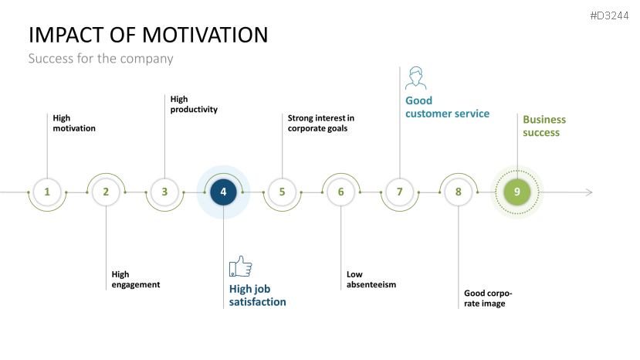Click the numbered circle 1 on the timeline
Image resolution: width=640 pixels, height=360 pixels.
click(47, 192)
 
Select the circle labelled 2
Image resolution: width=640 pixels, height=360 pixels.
click(106, 192)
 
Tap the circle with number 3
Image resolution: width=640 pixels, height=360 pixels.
click(164, 192)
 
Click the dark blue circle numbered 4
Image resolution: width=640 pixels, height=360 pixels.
click(223, 192)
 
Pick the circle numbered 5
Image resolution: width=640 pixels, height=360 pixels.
click(282, 192)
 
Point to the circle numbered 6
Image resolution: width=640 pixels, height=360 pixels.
click(340, 192)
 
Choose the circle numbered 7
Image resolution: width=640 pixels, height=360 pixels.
click(399, 192)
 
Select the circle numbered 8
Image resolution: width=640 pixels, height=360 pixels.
click(458, 192)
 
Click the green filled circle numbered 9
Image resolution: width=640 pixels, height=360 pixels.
click(517, 192)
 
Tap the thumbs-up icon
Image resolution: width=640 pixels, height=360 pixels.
click(240, 267)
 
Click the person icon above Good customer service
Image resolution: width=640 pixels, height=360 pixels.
click(415, 79)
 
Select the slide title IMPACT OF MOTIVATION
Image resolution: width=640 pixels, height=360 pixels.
click(148, 35)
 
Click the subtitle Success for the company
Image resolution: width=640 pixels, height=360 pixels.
click(100, 59)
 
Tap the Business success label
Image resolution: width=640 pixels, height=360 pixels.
click(544, 126)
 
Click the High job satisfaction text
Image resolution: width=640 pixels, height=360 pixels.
click(257, 295)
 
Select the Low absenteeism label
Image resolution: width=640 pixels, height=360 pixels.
click(371, 279)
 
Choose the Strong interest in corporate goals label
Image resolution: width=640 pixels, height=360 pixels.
click(320, 123)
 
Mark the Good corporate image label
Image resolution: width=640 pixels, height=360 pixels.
click(488, 298)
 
